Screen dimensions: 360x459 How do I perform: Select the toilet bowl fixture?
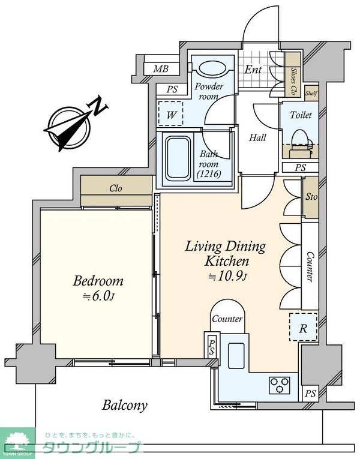tap(301, 144)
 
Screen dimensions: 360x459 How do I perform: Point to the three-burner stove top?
tap(280, 385)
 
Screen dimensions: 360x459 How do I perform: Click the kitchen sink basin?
tap(236, 356)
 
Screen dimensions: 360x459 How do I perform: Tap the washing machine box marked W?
tap(170, 113)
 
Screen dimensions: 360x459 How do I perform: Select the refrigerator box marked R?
tap(303, 327)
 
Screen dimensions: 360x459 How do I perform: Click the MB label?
tap(161, 69)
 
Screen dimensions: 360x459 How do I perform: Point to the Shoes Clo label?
tap(293, 82)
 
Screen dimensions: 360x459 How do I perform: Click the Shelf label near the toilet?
tap(311, 94)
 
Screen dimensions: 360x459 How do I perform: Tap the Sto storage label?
tap(311, 197)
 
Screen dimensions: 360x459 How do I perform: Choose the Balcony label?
tap(124, 406)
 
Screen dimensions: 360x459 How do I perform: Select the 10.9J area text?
tap(228, 276)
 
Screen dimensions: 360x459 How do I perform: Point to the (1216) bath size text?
tap(209, 174)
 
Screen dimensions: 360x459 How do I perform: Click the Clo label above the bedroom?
tap(116, 188)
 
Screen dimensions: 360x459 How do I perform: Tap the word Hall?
tap(257, 137)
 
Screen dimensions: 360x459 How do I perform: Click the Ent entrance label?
tap(253, 70)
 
